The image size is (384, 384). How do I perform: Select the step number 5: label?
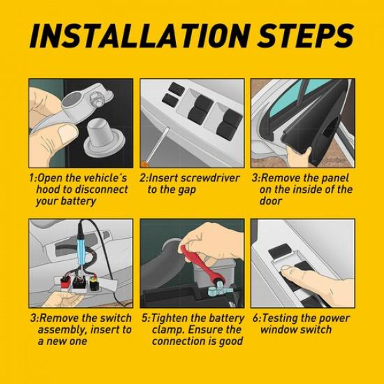click(x=145, y=318)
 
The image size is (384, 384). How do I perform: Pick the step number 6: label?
click(x=256, y=318)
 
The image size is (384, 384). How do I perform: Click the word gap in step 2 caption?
click(x=188, y=189)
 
